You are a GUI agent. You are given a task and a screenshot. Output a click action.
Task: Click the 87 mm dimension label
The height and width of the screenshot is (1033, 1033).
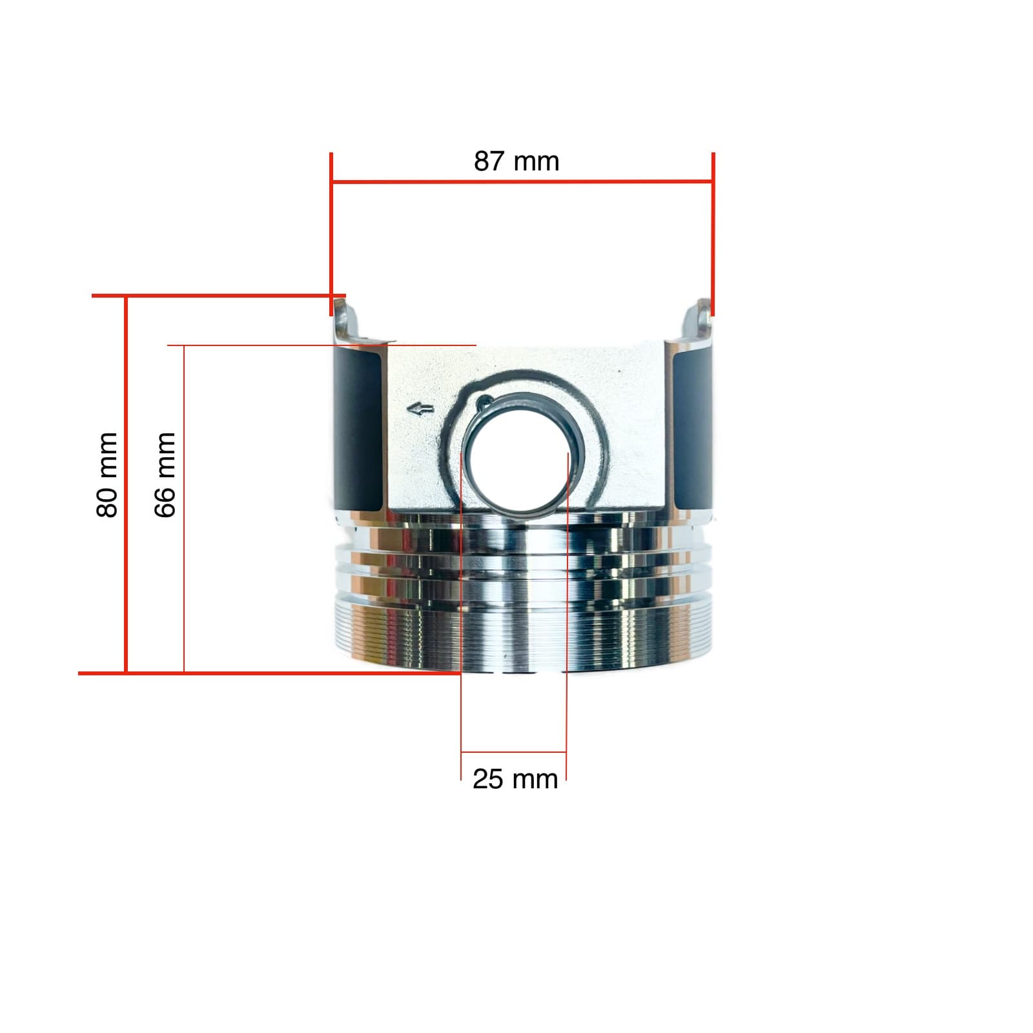click(516, 161)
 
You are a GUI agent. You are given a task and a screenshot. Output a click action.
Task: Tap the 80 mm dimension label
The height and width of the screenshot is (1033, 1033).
click(107, 475)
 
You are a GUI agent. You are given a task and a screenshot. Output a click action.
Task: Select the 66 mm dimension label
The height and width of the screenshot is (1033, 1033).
click(165, 475)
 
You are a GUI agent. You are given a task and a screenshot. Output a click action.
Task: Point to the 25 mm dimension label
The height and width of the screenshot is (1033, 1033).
click(515, 779)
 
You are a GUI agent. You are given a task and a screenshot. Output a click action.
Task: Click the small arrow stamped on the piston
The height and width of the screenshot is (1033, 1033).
click(420, 408)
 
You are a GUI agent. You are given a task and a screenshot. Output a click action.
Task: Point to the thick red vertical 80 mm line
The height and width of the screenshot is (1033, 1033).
click(126, 484)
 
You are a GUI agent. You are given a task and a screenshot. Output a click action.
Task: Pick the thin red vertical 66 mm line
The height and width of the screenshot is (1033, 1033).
click(184, 510)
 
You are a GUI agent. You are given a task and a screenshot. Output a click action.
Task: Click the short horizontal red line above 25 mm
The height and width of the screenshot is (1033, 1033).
click(514, 752)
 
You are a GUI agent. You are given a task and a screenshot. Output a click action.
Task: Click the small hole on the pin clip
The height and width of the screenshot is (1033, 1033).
click(480, 405)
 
